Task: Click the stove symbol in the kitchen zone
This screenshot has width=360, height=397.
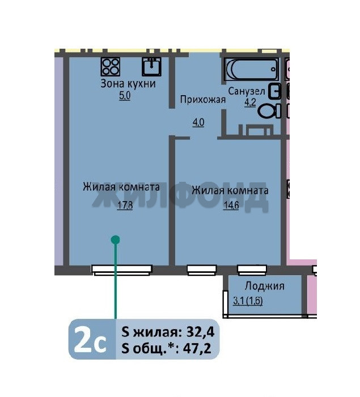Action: click(111, 67)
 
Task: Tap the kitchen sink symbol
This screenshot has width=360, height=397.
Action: click(151, 67)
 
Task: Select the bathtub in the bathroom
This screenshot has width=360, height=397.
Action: click(251, 69)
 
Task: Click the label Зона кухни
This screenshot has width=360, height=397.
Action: click(128, 84)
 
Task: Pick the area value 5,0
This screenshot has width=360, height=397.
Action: click(125, 96)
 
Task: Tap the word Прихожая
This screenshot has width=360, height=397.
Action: click(203, 100)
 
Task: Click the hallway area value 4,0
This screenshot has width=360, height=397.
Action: click(198, 122)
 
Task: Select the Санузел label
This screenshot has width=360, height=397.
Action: click(247, 91)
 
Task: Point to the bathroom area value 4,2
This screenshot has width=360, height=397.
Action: click(250, 103)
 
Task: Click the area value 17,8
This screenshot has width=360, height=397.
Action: click(125, 205)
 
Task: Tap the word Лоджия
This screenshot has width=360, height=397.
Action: click(264, 286)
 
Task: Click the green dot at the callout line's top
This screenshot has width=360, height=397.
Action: click(116, 240)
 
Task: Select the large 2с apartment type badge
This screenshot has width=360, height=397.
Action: click(90, 339)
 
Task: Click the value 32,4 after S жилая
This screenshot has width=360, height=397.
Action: click(200, 332)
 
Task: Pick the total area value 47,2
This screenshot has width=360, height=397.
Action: click(197, 349)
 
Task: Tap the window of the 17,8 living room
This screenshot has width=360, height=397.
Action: click(122, 270)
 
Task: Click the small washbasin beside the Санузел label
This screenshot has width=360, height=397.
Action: click(275, 91)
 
